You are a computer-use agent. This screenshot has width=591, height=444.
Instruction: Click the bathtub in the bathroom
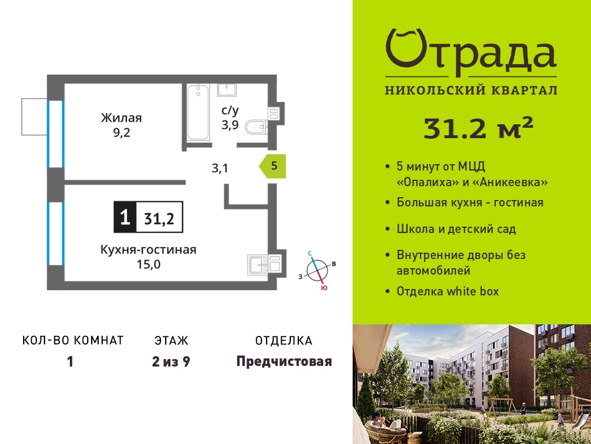click(x=199, y=112)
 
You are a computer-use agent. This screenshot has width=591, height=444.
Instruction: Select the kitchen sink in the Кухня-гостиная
click(x=257, y=264)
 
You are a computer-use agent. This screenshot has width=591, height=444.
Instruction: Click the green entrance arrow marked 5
click(x=272, y=166)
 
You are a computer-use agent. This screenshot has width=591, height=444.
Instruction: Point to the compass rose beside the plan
click(x=317, y=271)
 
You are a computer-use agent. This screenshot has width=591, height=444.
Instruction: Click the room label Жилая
click(x=121, y=118)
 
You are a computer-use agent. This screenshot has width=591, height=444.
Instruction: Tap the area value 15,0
click(x=148, y=264)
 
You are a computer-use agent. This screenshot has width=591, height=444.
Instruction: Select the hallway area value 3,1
click(x=220, y=168)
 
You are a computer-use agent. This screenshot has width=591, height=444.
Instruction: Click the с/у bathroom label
click(x=230, y=110)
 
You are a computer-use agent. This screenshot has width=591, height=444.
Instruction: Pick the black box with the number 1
click(x=125, y=217)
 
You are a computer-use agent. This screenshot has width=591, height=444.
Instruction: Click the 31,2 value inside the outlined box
click(x=159, y=218)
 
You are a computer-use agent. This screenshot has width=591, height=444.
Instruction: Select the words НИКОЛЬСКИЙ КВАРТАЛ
click(x=471, y=90)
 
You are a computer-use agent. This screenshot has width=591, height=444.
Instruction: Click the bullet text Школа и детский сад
click(x=456, y=229)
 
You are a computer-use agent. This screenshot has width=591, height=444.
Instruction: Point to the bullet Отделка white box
click(x=447, y=291)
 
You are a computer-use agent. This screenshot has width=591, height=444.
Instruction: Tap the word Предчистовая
click(x=284, y=362)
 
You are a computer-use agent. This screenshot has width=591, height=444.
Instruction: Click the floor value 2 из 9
click(x=171, y=362)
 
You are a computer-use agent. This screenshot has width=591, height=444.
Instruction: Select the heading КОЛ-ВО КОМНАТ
click(x=73, y=341)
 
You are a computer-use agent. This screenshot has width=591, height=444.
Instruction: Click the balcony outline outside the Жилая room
click(x=34, y=117)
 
